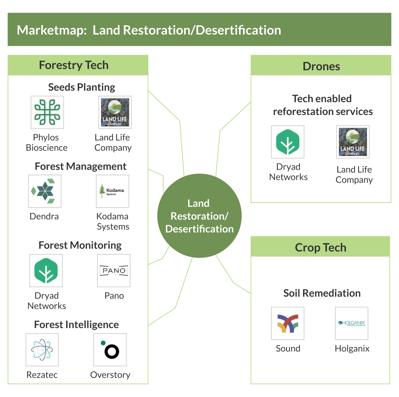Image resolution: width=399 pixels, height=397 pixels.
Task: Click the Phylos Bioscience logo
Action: (x=47, y=112)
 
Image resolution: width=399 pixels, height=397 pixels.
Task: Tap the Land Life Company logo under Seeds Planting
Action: (x=115, y=112)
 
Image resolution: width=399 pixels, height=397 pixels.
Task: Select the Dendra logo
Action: (x=45, y=191)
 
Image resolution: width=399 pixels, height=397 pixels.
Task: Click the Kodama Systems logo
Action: (x=113, y=191)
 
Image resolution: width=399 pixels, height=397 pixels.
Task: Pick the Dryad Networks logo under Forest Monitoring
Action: (x=46, y=271)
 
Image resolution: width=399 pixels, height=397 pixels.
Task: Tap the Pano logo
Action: (x=114, y=271)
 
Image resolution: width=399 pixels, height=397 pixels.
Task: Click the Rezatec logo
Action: (x=42, y=350)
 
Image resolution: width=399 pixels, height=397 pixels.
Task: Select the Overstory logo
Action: (x=110, y=350)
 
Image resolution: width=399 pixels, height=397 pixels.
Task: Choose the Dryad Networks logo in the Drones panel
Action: (x=288, y=142)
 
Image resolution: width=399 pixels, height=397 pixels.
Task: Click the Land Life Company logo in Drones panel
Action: (x=353, y=142)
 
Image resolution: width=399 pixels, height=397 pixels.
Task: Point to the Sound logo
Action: (x=288, y=323)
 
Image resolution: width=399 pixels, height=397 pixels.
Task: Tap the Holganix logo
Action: (x=352, y=323)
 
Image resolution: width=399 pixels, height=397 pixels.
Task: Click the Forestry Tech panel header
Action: (x=74, y=65)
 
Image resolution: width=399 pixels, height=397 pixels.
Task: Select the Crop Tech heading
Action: (x=321, y=247)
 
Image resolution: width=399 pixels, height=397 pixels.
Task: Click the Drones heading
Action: (x=321, y=66)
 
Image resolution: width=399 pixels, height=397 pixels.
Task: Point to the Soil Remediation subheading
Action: (x=322, y=293)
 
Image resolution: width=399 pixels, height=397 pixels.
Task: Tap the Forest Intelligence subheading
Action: (x=76, y=325)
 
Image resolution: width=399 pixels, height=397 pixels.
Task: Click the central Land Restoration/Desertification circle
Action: (x=199, y=216)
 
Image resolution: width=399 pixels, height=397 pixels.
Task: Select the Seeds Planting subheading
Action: (x=82, y=87)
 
